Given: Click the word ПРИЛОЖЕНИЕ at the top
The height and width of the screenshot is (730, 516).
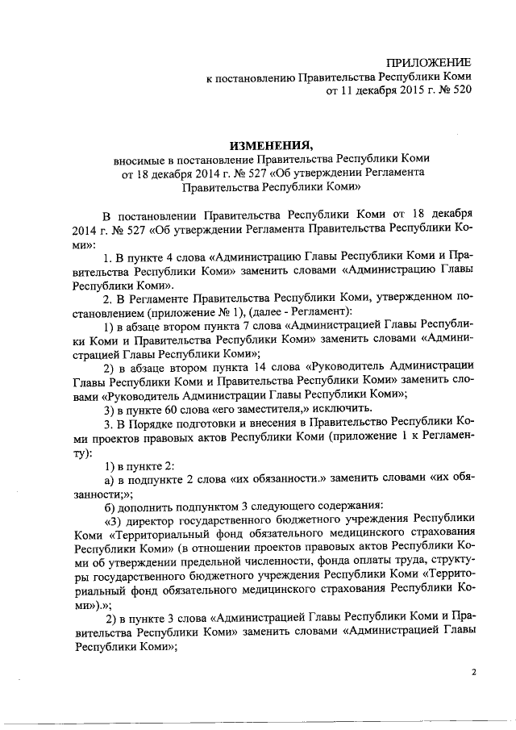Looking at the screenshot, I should coord(429,63).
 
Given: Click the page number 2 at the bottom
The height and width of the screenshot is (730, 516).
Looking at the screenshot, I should coord(475,671).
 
